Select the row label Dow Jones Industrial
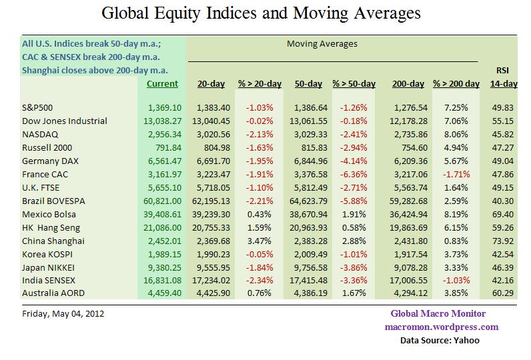click(65, 121)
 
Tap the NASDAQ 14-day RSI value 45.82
click(504, 134)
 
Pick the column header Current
click(162, 84)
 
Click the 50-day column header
click(308, 84)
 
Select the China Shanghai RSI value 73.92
click(504, 241)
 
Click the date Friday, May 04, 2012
click(63, 313)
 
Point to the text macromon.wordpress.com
click(441, 327)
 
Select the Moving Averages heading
click(322, 44)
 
